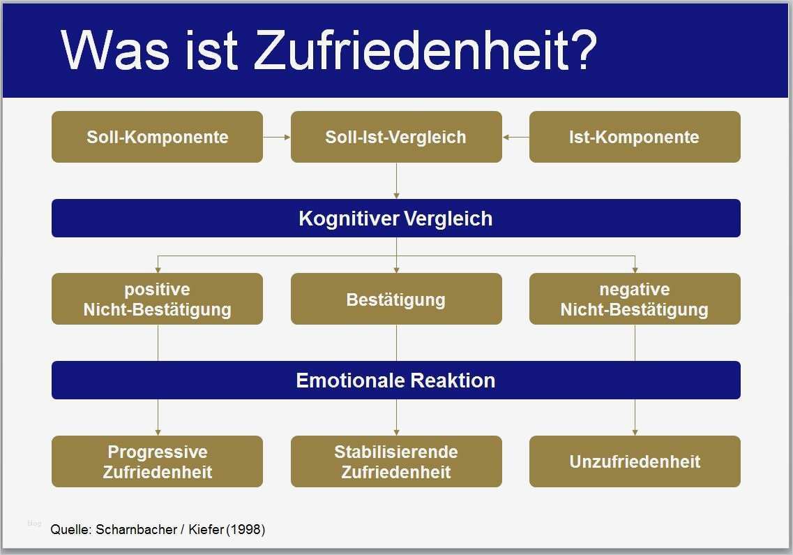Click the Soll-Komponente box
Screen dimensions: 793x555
coord(158,137)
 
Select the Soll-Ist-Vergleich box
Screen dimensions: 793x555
coord(396,137)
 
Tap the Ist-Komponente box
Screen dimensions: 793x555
coord(635,137)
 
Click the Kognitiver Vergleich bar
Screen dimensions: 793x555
coord(396,219)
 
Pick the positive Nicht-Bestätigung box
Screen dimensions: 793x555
coord(158,299)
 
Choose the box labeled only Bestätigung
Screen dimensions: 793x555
coord(396,299)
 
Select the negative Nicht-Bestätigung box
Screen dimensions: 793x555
coord(635,299)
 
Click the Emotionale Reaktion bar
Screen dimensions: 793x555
coord(396,380)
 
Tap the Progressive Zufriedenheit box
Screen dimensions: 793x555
coord(158,461)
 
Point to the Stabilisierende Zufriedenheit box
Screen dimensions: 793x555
coord(396,461)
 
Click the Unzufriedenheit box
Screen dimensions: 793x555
coord(635,461)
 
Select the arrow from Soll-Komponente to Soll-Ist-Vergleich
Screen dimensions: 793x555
coord(277,137)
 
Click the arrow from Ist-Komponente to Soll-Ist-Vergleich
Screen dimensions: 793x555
coord(516,137)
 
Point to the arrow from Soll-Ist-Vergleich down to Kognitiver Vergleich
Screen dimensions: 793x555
coord(396,181)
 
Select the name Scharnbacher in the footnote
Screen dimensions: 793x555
coord(136,530)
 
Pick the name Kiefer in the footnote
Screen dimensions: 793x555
coord(206,530)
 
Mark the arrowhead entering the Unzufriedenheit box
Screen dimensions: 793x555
coord(635,433)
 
